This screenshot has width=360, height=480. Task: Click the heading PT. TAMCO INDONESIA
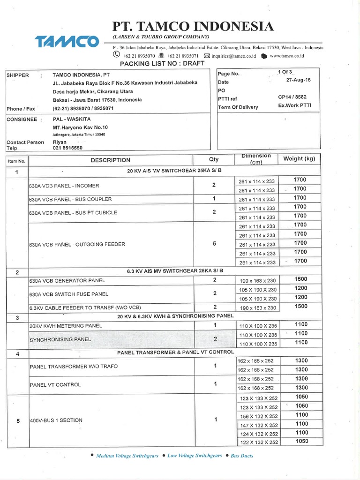(x=193, y=26)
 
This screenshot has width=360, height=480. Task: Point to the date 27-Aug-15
(x=298, y=80)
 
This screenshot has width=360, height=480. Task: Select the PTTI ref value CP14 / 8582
(x=292, y=97)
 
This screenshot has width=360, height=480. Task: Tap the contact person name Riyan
(x=60, y=142)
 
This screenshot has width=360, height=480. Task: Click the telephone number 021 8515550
(x=67, y=148)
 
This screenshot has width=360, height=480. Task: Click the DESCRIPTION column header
(x=111, y=160)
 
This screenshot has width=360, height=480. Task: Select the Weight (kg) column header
(x=299, y=159)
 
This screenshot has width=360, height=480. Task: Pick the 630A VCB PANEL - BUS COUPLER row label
(x=70, y=199)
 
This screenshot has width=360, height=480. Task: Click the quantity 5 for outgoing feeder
(x=214, y=244)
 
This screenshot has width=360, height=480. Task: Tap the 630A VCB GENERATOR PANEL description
(x=67, y=281)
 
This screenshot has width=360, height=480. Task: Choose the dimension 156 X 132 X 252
(x=259, y=416)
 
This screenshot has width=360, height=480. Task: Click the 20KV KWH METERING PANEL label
(x=66, y=325)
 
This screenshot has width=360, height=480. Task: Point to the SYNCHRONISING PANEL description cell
(x=60, y=339)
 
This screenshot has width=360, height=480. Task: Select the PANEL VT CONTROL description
(x=55, y=384)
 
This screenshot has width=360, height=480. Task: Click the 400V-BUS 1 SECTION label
(x=56, y=420)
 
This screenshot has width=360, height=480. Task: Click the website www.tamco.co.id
(x=287, y=56)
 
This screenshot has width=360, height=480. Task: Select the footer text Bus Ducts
(x=242, y=456)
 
